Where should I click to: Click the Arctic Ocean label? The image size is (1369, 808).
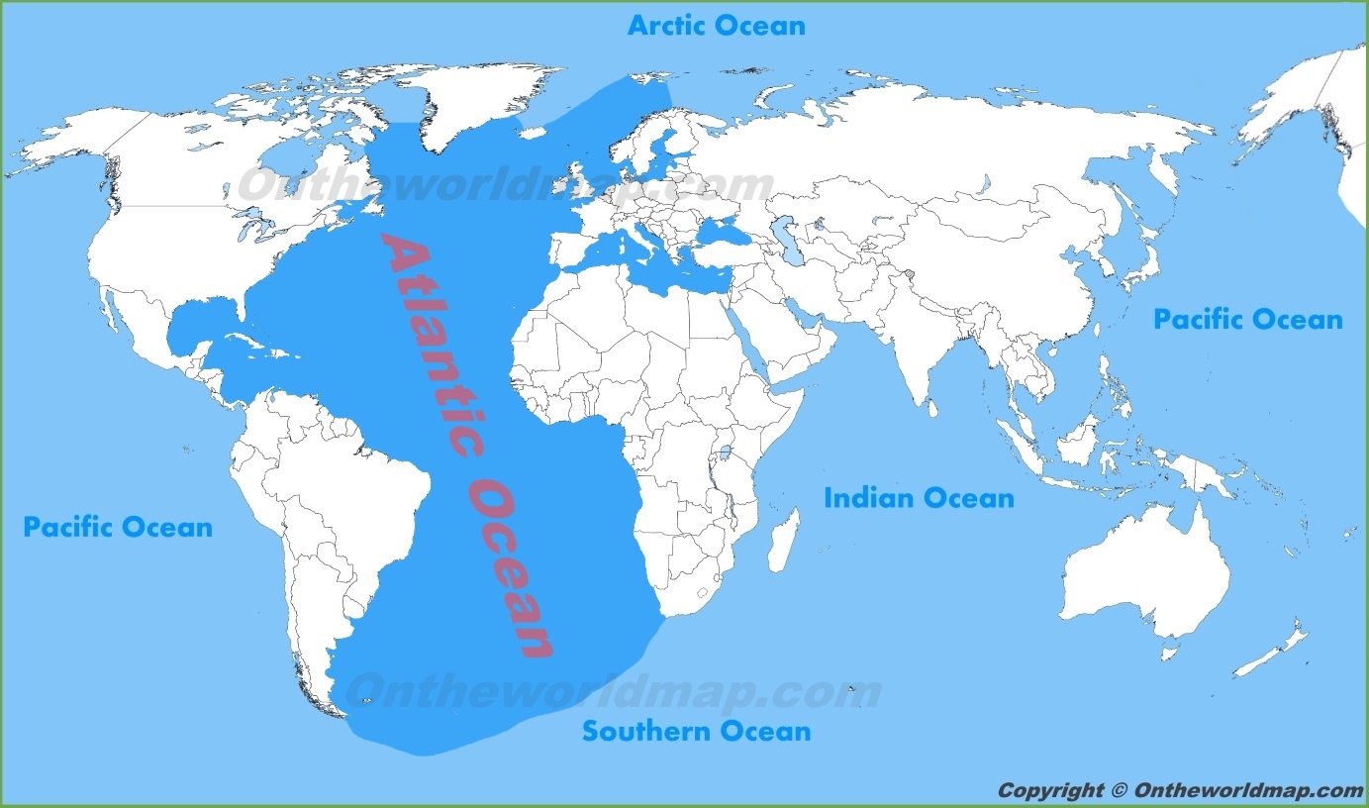[x=716, y=25]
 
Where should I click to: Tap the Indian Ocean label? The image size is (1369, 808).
[x=919, y=498]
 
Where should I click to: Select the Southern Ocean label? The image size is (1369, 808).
[x=696, y=732]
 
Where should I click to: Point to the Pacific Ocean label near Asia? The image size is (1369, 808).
[x=1247, y=320]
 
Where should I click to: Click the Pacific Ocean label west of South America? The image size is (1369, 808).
[x=118, y=527]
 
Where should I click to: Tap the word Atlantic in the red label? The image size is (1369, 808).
[x=428, y=337]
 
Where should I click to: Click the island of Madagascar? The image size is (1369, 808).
[x=782, y=541]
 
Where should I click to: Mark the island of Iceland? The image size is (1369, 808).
[x=539, y=130]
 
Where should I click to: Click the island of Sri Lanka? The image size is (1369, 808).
[x=931, y=404]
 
